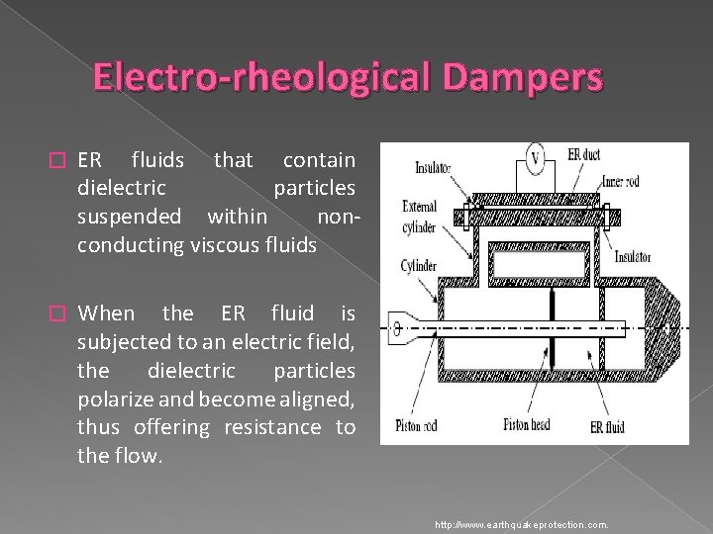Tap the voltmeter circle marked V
[x=535, y=157]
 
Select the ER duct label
[x=586, y=154]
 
